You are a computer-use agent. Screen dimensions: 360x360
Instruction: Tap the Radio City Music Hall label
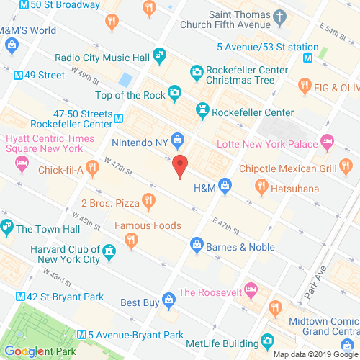(104, 57)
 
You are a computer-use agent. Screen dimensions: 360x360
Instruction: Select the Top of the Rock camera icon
(174, 93)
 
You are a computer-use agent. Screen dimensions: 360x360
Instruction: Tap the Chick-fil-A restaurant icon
(91, 168)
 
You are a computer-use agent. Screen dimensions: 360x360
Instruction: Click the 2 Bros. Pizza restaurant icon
(150, 202)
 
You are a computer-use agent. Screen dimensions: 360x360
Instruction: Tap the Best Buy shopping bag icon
(168, 299)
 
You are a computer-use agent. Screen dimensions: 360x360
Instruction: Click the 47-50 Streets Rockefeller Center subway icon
(117, 117)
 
